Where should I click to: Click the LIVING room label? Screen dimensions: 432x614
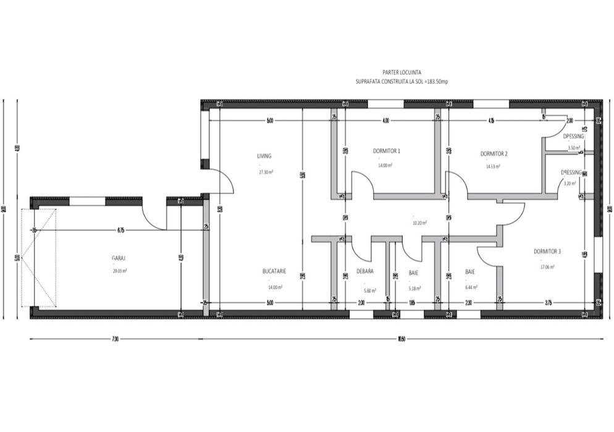point(264,156)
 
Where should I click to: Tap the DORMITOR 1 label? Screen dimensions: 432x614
point(387,151)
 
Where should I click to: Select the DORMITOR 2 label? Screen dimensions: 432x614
point(494,154)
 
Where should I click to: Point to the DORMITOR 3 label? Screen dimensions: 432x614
point(547,252)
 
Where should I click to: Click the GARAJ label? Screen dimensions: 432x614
point(119,257)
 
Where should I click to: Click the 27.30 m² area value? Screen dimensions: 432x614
point(266,172)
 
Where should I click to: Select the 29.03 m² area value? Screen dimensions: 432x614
point(119,271)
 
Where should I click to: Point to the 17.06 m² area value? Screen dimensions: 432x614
point(547,267)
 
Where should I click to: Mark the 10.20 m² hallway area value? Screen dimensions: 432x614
point(419,222)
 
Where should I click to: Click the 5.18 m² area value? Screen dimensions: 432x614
point(414,287)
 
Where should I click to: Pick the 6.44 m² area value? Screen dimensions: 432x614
point(471,287)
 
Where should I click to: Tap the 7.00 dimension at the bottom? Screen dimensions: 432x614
point(115,339)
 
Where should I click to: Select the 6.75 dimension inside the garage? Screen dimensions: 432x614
point(121,230)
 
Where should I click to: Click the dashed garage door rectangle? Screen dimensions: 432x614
point(39,257)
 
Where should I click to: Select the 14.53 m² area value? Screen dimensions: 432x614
point(492,166)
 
